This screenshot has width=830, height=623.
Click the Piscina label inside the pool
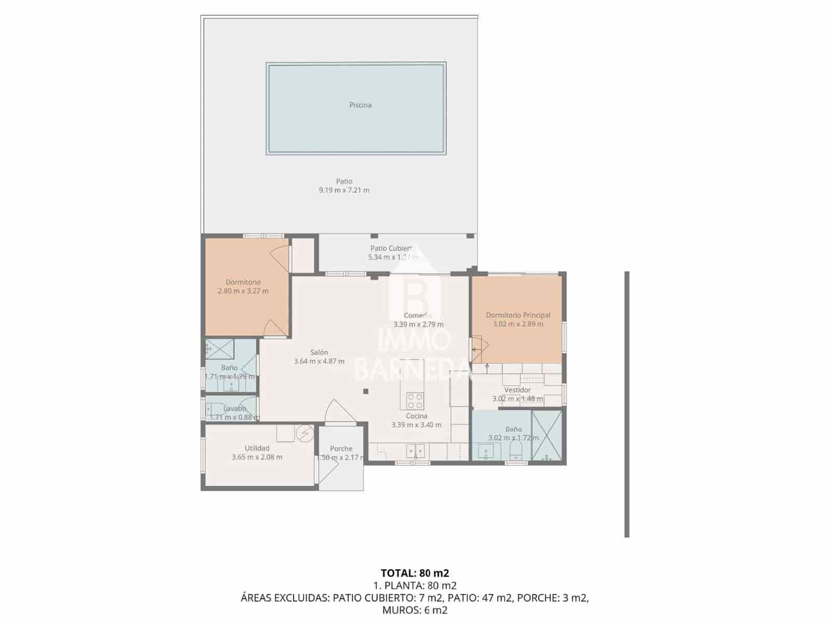pos(360,105)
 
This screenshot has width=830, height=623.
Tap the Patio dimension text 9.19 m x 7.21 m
pos(344,190)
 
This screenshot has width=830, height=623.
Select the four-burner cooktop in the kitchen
pos(415,401)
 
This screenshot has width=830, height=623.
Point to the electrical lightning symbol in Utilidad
pos(305,433)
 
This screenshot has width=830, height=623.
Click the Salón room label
pos(319,353)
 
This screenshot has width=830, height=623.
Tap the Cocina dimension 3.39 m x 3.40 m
pos(416,425)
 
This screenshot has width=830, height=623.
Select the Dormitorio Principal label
pos(518,315)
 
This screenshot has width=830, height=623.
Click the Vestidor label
pos(517,390)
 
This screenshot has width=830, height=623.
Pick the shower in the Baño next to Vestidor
pos(547,436)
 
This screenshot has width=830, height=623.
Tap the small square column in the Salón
pos(366,391)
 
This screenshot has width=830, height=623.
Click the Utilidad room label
pos(257,448)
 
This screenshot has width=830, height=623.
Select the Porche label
pos(341,449)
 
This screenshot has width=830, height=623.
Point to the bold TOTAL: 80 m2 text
pos(414,573)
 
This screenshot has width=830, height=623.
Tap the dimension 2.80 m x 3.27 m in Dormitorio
pos(243,291)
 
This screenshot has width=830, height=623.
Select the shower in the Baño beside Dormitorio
pos(219,348)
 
